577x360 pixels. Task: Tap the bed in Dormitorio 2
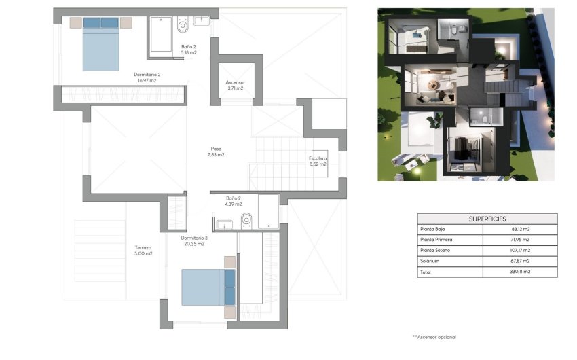coord(100,43)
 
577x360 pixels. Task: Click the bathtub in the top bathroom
coord(161,34)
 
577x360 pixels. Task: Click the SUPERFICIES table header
coord(487,219)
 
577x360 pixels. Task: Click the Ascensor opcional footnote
coord(434,337)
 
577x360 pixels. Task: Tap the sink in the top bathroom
coord(202,21)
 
